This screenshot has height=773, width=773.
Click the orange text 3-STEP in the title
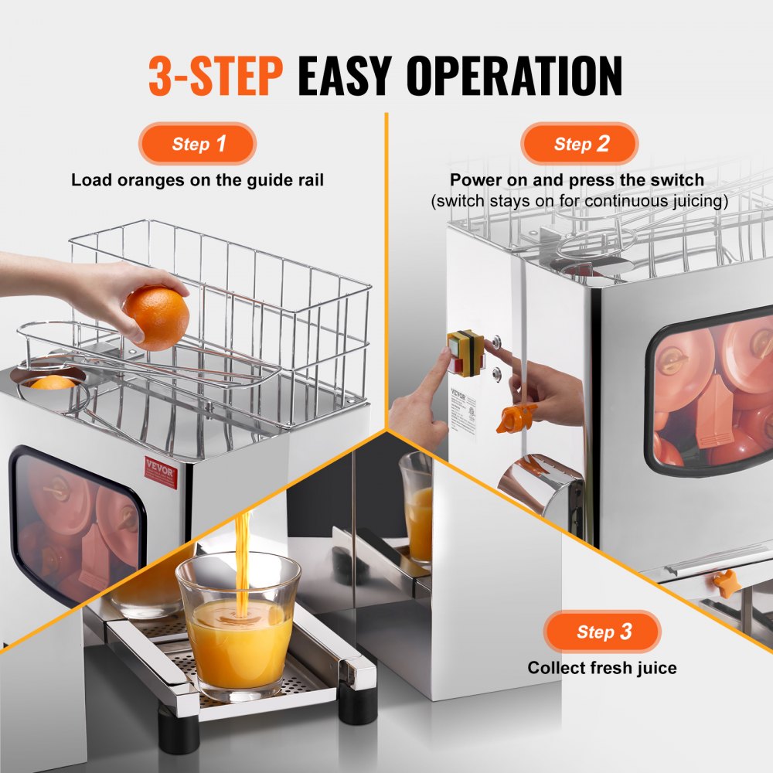click(216, 75)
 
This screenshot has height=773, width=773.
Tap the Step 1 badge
click(197, 144)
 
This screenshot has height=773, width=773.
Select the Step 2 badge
click(579, 144)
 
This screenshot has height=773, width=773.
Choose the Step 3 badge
click(602, 632)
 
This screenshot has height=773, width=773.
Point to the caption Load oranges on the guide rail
click(197, 180)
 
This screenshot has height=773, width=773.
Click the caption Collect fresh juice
click(602, 667)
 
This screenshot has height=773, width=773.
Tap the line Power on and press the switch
click(577, 180)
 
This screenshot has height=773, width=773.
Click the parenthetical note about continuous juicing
click(579, 201)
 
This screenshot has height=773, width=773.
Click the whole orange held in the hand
click(158, 318)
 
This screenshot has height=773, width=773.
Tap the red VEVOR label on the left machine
click(161, 471)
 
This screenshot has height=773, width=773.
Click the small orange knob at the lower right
click(725, 584)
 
